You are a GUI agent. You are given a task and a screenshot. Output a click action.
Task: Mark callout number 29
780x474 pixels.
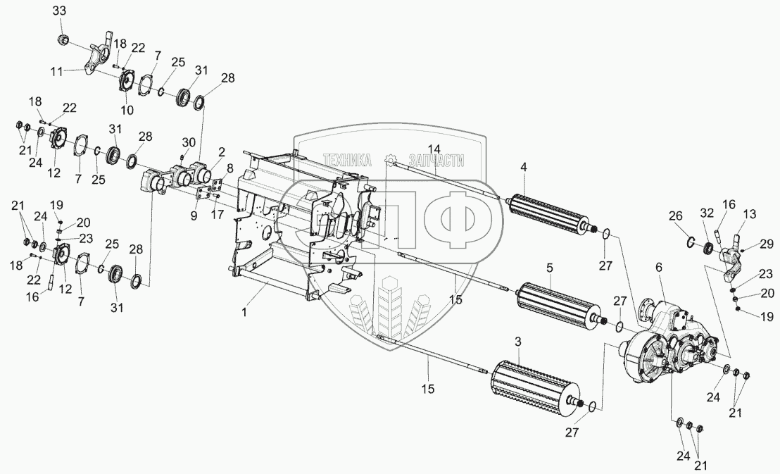767,244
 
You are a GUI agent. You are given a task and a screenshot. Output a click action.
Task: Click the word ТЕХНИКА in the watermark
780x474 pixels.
346,161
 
